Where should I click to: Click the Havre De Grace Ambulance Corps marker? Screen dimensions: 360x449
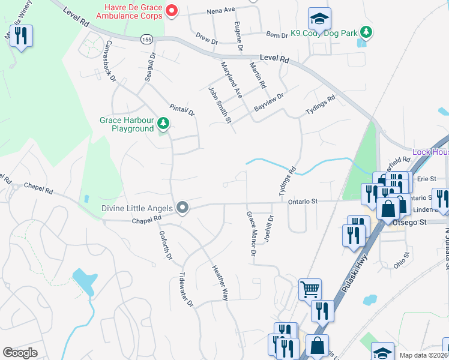pyautogui.click(x=172, y=11)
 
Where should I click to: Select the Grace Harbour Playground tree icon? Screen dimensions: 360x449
pyautogui.click(x=163, y=124)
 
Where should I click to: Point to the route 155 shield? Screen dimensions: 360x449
pyautogui.click(x=146, y=38)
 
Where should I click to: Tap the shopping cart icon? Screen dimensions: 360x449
pyautogui.click(x=310, y=290)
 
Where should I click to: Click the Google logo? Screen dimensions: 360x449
pyautogui.click(x=20, y=353)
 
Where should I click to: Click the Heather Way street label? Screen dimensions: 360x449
pyautogui.click(x=219, y=283)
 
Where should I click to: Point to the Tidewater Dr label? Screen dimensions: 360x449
pyautogui.click(x=185, y=290)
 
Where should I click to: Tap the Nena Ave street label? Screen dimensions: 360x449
pyautogui.click(x=220, y=11)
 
